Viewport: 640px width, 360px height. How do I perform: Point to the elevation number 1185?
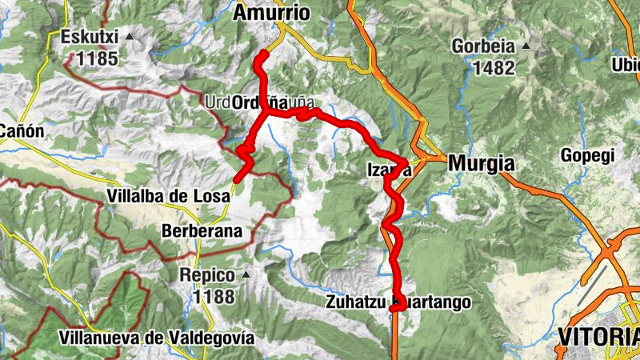98,58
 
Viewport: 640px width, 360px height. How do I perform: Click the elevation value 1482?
494,67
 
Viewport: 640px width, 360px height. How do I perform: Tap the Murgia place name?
481,163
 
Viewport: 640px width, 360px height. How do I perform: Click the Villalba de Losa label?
167,196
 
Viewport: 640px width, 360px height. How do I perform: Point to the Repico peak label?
207,276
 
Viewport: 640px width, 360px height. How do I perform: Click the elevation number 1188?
214,297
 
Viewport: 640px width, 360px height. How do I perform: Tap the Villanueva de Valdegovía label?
156,338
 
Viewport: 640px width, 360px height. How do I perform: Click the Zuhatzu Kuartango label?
394,302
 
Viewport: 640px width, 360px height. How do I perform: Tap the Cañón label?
22,130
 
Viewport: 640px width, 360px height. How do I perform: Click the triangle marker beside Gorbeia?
525,46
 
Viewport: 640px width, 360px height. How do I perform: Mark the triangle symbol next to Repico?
246,275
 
